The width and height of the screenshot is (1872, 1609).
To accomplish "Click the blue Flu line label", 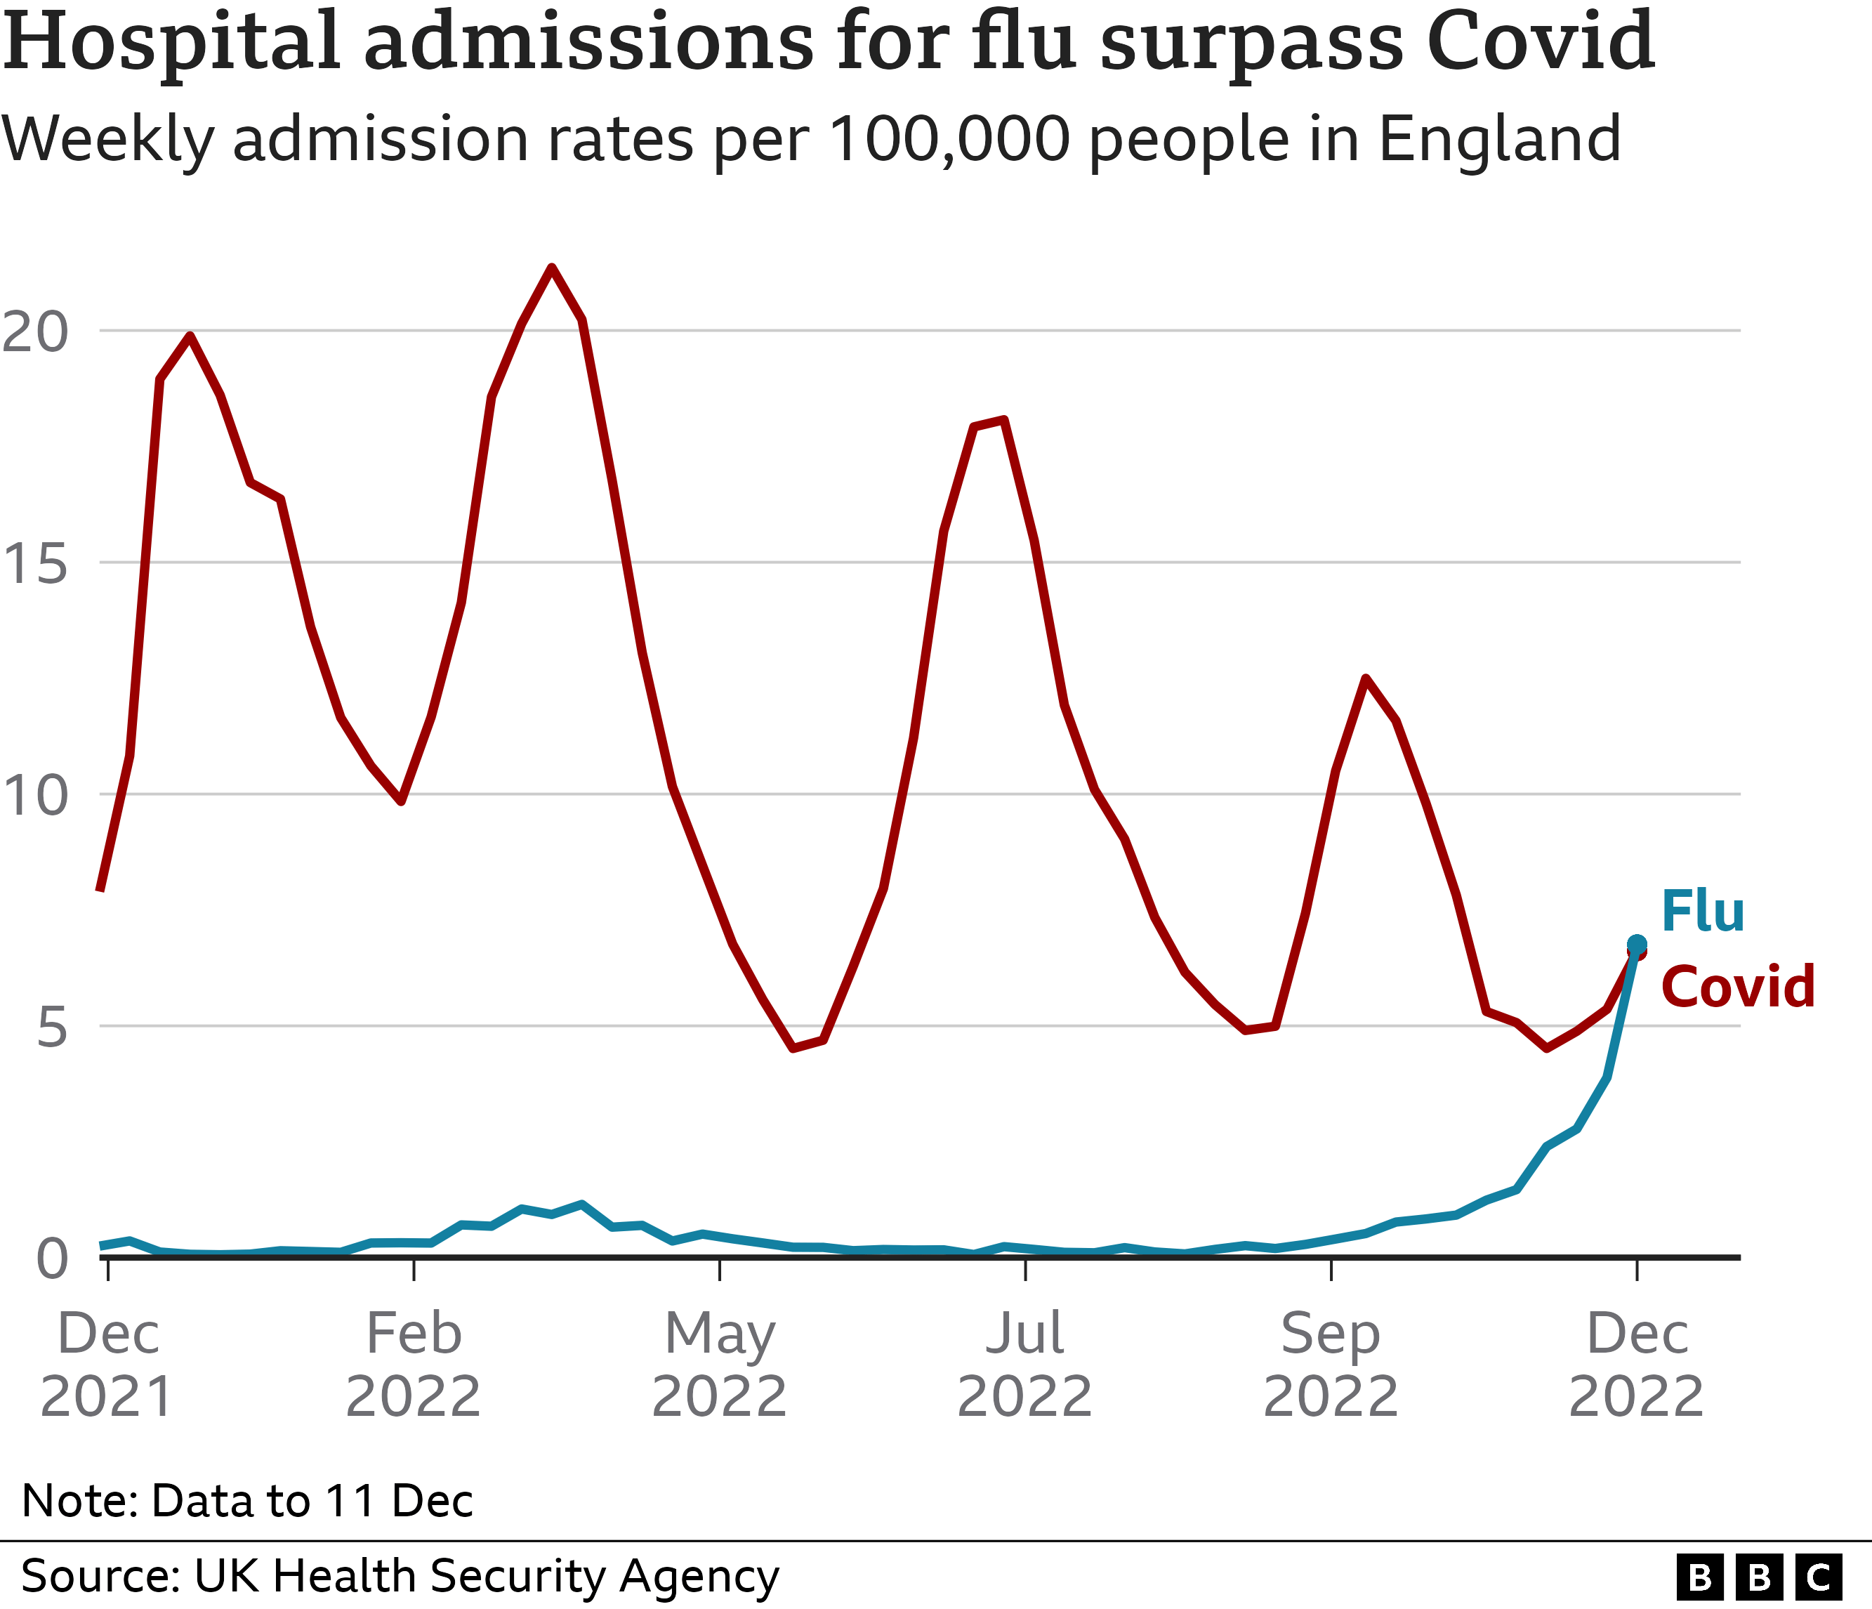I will tap(1702, 912).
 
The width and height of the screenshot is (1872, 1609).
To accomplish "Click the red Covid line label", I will tap(1737, 987).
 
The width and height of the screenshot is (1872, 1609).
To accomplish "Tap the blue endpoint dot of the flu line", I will tap(1636, 945).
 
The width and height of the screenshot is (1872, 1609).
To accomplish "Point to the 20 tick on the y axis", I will tap(34, 331).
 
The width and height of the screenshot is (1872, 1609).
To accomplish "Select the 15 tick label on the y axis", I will tap(34, 564).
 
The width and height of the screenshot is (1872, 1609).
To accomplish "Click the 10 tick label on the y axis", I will tap(34, 796).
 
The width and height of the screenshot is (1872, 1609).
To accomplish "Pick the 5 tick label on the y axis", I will tap(51, 1028).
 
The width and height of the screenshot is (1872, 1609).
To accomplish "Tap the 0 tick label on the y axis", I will tap(51, 1259).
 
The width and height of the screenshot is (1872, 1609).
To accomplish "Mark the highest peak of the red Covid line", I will tap(551, 268).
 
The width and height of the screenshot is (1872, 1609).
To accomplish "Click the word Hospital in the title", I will tap(171, 41).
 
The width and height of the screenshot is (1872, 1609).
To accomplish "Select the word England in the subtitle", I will tap(1500, 139).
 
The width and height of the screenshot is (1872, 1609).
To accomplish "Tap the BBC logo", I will tap(1758, 1577).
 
